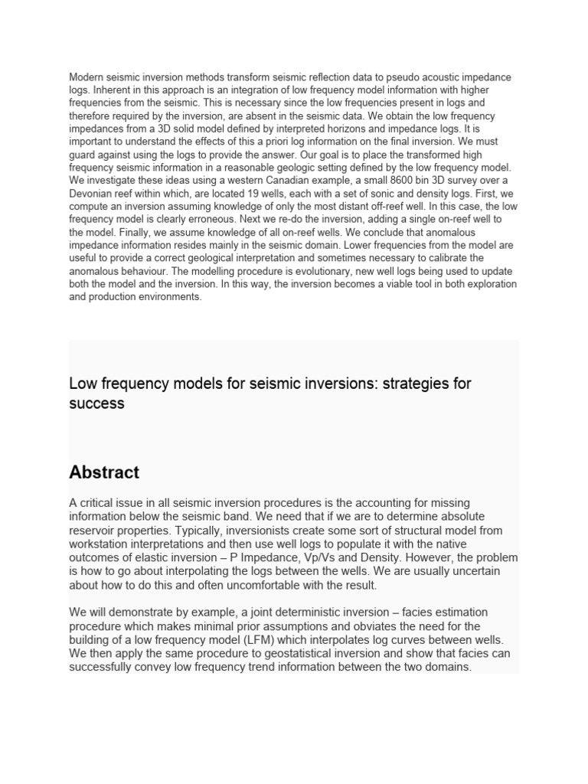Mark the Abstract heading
pyautogui.click(x=104, y=472)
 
